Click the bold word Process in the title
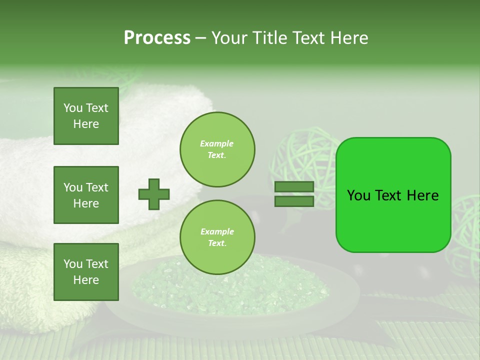coord(157,38)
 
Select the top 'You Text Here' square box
coord(86,116)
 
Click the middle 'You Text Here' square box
coord(86,195)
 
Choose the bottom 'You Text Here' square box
coord(86,272)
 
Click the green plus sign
coord(154,194)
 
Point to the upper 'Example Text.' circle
coord(217,149)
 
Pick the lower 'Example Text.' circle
coord(217,237)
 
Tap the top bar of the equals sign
coord(294,186)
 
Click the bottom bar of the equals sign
coord(294,201)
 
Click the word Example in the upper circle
coord(216,144)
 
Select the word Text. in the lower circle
coord(217,243)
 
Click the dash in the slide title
coord(200,38)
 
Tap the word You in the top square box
coord(73,108)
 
